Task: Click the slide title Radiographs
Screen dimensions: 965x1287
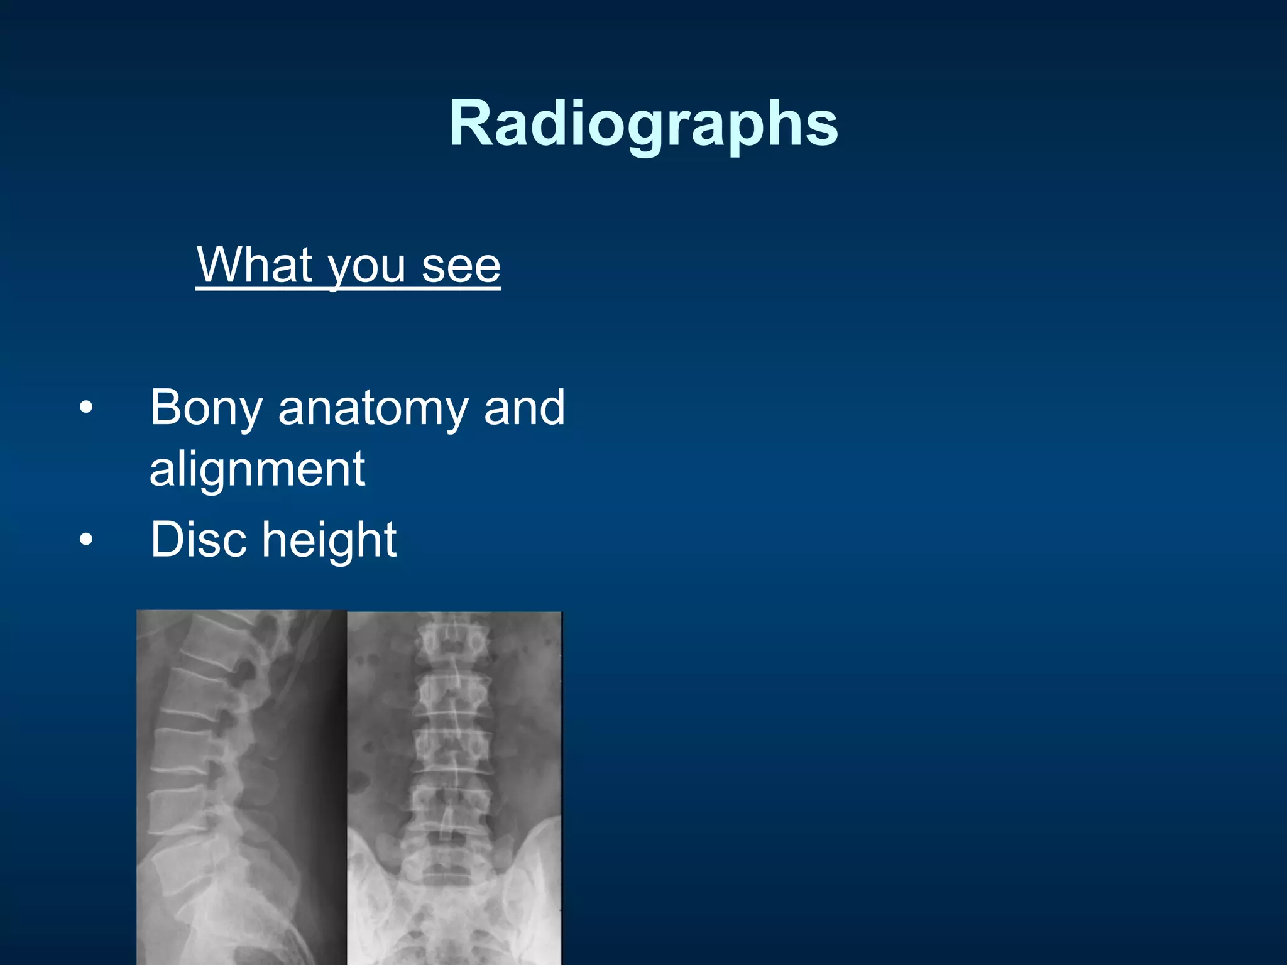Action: (x=643, y=124)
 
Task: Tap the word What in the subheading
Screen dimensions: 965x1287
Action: (x=255, y=265)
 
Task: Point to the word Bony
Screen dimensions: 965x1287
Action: (x=206, y=408)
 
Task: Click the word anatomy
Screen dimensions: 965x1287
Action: (x=373, y=410)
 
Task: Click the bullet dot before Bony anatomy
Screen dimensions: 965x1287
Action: (x=86, y=408)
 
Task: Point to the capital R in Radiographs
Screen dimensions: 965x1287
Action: (x=471, y=124)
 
